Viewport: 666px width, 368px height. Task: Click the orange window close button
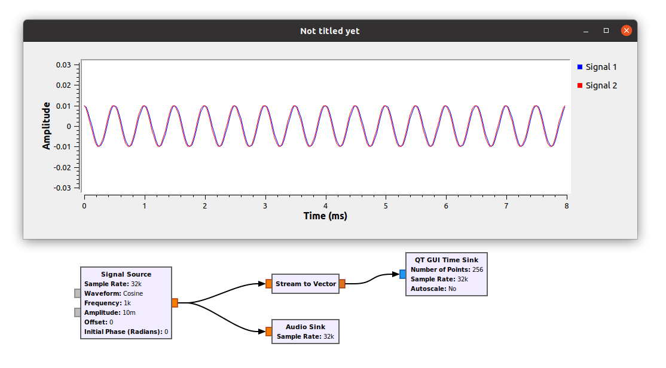pos(626,30)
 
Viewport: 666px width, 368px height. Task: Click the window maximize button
pos(606,30)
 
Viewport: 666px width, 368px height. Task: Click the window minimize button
pos(586,30)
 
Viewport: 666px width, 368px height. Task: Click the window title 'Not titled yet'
pos(330,31)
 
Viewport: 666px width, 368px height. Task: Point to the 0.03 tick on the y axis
pos(63,65)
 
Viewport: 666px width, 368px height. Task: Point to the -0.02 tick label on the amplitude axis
pos(62,167)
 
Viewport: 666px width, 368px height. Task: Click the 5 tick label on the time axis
pos(386,206)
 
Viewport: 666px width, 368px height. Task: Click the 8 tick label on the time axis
pos(566,206)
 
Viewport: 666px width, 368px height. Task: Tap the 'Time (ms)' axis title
pos(325,216)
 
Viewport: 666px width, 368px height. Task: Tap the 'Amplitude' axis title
pos(47,125)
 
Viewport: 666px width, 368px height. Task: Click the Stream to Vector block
pos(305,284)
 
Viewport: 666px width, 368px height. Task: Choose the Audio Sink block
pos(305,332)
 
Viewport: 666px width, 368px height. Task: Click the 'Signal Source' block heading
pos(126,274)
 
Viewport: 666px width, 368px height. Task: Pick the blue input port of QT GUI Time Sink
pos(402,274)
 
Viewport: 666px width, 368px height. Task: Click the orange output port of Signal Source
pos(175,303)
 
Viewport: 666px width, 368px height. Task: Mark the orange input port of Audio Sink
pos(268,332)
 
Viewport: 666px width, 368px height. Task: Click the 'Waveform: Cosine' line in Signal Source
pos(114,293)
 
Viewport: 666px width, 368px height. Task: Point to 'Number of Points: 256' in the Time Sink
pos(447,269)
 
